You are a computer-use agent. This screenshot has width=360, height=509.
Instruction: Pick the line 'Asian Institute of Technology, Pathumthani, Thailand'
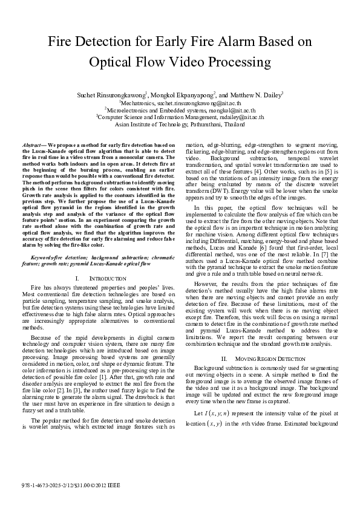point(180,124)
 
